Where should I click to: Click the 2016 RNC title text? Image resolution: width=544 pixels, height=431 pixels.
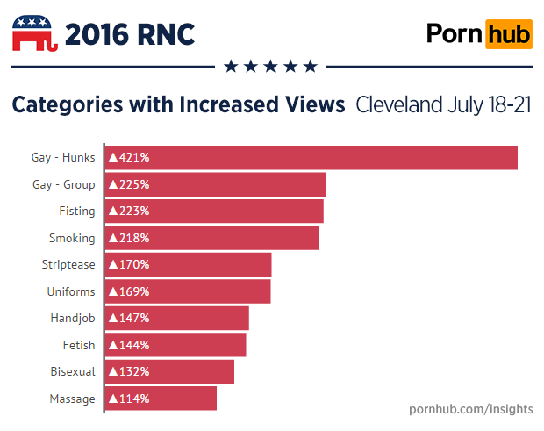[x=130, y=34]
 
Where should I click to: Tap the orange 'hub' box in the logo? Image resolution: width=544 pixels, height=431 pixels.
[x=509, y=34]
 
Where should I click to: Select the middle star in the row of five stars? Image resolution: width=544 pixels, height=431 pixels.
[x=270, y=66]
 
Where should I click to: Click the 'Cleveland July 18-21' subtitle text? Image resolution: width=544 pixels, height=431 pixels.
[x=444, y=105]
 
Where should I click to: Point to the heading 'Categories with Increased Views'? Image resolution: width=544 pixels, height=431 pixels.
[x=178, y=105]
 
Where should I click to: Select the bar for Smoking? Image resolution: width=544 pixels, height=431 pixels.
[x=211, y=238]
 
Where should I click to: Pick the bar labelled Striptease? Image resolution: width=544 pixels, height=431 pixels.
[x=188, y=264]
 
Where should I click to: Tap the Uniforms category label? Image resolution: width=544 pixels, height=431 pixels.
[x=71, y=291]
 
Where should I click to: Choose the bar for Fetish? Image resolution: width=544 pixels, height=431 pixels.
[x=175, y=345]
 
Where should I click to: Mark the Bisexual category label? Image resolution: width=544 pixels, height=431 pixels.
[x=73, y=371]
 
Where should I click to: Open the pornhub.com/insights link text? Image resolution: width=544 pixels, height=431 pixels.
[x=471, y=409]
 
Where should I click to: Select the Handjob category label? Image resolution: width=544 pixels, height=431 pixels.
[x=72, y=318]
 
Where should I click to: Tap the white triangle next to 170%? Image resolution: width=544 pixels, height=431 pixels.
[x=113, y=264]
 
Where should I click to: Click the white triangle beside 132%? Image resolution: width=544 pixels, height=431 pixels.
[x=113, y=371]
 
